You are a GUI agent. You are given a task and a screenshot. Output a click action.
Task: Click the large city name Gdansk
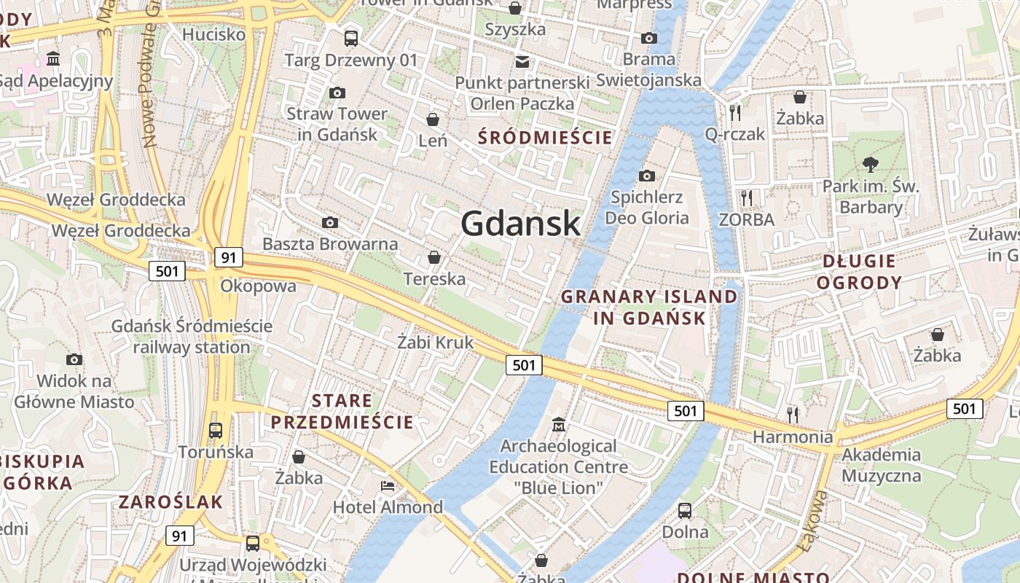coord(520,223)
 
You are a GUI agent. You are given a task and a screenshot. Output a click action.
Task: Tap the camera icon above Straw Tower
coord(337,93)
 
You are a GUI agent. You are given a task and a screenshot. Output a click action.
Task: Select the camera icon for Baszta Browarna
coord(330,222)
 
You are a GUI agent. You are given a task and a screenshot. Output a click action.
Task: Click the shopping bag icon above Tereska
coord(434,257)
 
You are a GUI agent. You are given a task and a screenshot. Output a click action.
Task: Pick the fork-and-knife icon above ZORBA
coord(746,197)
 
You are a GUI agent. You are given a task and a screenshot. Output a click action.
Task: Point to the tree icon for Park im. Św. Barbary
coord(870,164)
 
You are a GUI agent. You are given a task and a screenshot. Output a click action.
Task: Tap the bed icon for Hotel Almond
coord(388,485)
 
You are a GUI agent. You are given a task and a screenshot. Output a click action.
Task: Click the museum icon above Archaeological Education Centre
coord(559,424)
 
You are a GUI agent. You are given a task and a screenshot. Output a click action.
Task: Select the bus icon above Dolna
coord(685,510)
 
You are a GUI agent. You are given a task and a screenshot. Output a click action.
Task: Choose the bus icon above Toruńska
coord(216,430)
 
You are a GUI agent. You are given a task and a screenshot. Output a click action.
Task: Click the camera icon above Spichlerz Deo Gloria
coord(646,176)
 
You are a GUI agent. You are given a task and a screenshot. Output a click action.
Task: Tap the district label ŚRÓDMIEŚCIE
coord(544,137)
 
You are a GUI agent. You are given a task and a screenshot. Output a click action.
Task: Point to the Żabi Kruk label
coord(436,342)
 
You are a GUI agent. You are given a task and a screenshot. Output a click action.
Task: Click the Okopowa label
coord(258,286)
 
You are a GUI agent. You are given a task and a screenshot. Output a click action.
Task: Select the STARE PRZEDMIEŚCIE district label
coord(342,411)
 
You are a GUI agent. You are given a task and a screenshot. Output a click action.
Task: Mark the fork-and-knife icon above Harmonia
coord(793,415)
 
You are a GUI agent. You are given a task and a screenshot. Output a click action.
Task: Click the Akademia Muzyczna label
coord(881,465)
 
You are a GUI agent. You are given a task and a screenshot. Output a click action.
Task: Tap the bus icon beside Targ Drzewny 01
coord(351,39)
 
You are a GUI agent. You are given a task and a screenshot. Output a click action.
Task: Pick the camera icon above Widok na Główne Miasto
coord(74,359)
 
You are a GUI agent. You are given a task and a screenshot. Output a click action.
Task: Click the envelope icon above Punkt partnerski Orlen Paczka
coord(522,62)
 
